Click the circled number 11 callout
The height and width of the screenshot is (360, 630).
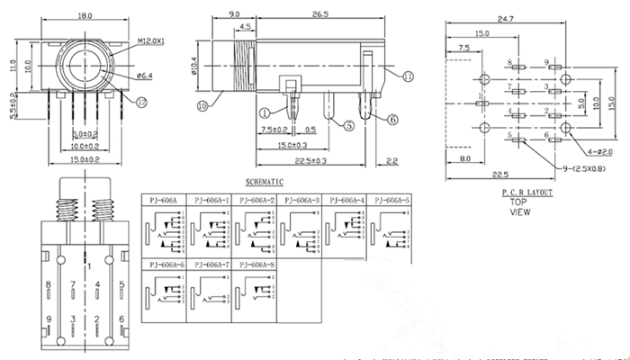pyautogui.click(x=408, y=78)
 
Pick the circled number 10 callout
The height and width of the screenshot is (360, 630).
pyautogui.click(x=202, y=105)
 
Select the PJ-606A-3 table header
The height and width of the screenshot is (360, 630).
pyautogui.click(x=301, y=199)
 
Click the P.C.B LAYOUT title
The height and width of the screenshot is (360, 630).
pyautogui.click(x=527, y=193)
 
